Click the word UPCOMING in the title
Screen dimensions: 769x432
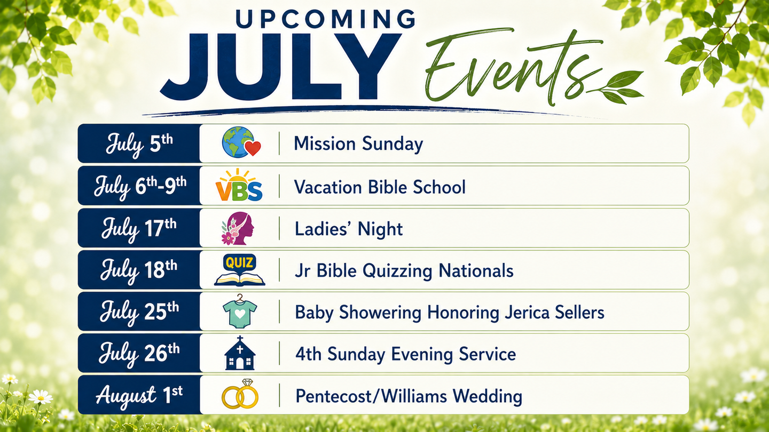coord(325,19)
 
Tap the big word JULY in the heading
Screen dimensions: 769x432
coord(280,67)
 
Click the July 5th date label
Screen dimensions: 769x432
coord(139,144)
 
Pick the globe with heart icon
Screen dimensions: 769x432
coord(241,142)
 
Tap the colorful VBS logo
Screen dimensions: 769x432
coord(239,185)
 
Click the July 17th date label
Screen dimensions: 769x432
coord(139,229)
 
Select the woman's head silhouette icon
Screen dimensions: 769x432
coord(238,228)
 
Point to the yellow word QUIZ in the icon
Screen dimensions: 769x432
coord(240,263)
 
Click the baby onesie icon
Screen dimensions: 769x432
coord(240,311)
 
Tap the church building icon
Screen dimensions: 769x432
coord(240,353)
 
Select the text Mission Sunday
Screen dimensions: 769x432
coord(358,144)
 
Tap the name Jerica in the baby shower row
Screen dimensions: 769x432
coord(527,313)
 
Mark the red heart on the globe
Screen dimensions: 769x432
coord(253,148)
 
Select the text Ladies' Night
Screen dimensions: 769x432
coord(348,229)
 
